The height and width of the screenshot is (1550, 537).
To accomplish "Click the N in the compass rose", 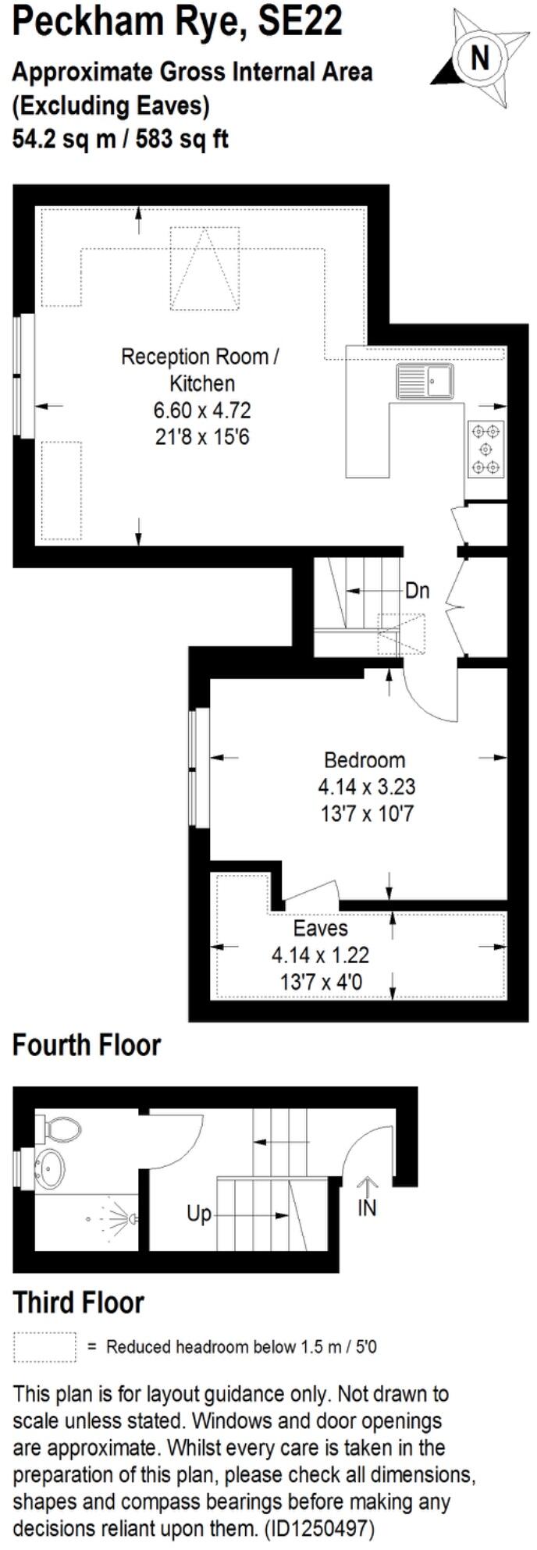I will click(x=480, y=57).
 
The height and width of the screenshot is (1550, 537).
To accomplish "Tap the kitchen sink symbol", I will click(x=425, y=382).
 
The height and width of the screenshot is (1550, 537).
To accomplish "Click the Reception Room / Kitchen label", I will click(x=200, y=370).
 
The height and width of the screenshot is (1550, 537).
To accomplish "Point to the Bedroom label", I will click(x=365, y=759).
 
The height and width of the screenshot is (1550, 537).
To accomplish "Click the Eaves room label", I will click(x=320, y=929).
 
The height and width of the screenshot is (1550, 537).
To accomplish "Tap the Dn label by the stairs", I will click(x=418, y=590).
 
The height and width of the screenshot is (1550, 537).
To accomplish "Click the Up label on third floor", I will click(x=199, y=1214).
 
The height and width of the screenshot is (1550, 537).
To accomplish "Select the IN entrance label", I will click(x=367, y=1208).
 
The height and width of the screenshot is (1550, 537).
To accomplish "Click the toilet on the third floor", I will click(x=61, y=1128).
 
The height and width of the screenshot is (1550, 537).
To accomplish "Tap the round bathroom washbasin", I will click(x=49, y=1168).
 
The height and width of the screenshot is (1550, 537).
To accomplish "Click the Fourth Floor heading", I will click(x=87, y=1045).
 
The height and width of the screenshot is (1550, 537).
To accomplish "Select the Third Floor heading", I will click(x=79, y=1303).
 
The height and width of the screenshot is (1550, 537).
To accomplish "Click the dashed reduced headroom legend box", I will click(x=44, y=1347).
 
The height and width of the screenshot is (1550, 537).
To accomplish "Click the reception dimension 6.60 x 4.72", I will click(x=202, y=411).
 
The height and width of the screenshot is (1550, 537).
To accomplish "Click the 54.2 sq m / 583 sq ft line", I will click(x=120, y=139).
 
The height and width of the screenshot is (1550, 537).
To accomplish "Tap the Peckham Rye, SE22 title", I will click(x=178, y=21).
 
